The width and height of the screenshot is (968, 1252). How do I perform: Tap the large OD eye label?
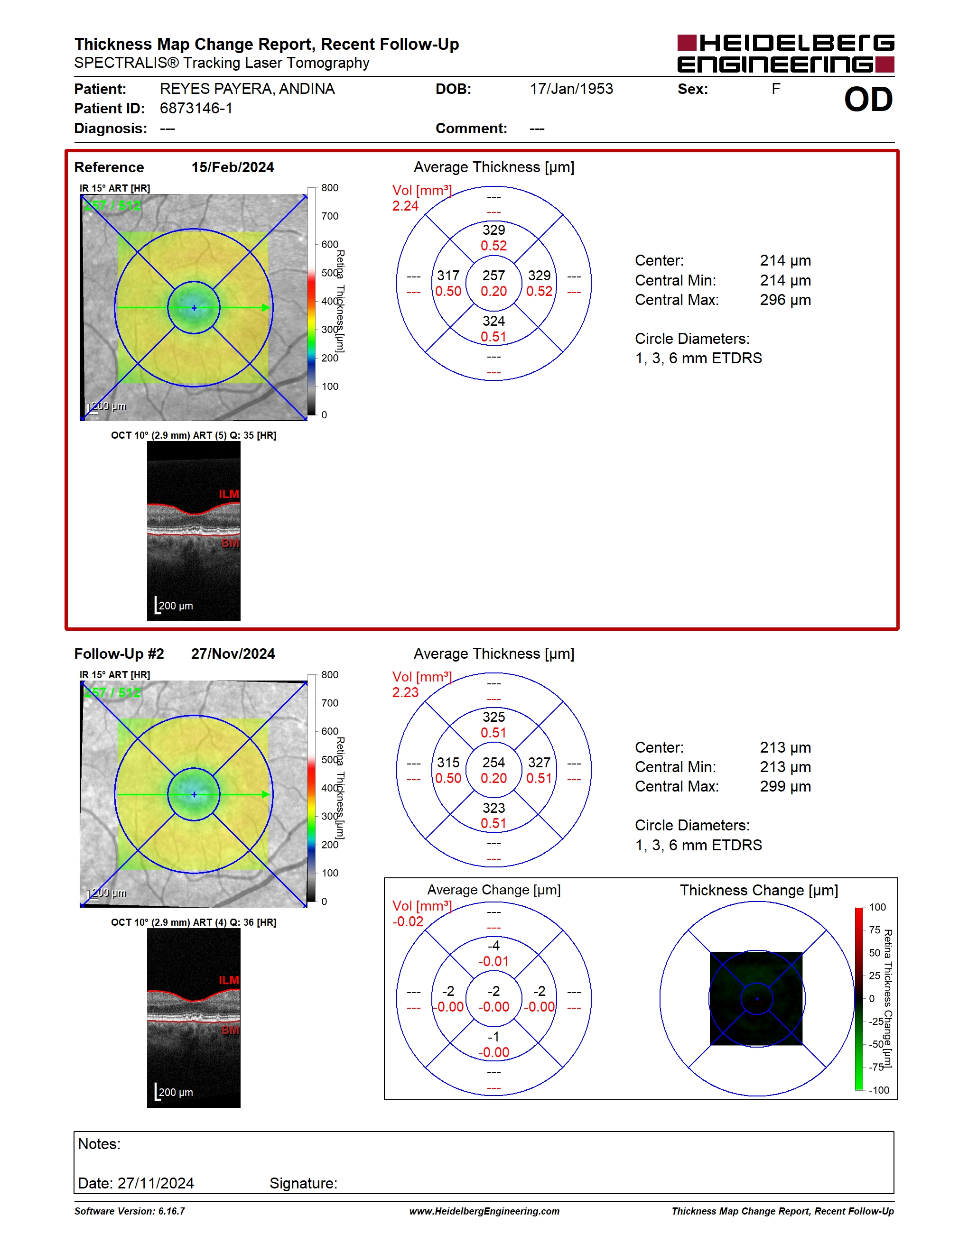click(868, 100)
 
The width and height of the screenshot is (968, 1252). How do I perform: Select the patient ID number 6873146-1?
click(196, 108)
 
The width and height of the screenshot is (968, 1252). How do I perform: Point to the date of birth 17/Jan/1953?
click(571, 89)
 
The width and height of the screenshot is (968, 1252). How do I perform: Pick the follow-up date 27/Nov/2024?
click(233, 654)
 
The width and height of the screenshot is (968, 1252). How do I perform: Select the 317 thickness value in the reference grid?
click(448, 276)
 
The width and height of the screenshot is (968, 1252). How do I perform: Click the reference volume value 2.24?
click(405, 206)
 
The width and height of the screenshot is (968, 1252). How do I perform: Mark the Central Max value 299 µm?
click(785, 786)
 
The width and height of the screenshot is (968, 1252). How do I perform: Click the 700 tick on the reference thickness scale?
click(330, 216)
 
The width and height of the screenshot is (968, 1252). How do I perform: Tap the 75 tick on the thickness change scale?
click(875, 930)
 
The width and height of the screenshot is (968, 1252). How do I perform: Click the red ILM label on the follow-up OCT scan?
click(229, 980)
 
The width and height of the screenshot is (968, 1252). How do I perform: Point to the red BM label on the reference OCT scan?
click(231, 543)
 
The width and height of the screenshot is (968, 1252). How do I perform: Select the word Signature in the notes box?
click(303, 1183)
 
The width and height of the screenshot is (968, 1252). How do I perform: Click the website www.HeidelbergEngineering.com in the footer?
click(484, 1211)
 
